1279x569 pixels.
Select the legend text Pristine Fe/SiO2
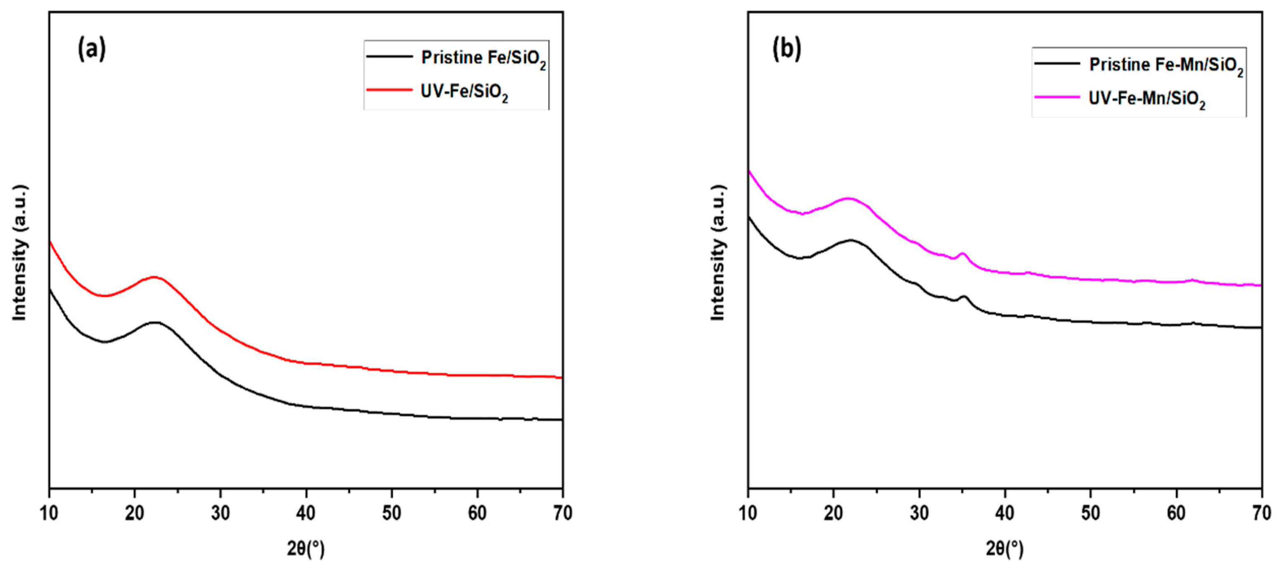pos(483,59)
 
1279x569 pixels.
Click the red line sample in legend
pos(389,90)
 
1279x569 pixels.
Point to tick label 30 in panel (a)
pos(220,513)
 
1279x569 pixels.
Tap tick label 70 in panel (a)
pos(562,513)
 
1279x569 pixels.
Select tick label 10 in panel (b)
pos(748,513)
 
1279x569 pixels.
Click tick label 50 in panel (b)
pos(1090,513)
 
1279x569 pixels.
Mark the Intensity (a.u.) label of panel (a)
pos(20,253)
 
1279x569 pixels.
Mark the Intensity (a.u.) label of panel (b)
pos(718,253)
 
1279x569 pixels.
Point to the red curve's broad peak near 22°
pos(154,277)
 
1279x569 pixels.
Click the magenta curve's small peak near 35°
pos(963,254)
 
